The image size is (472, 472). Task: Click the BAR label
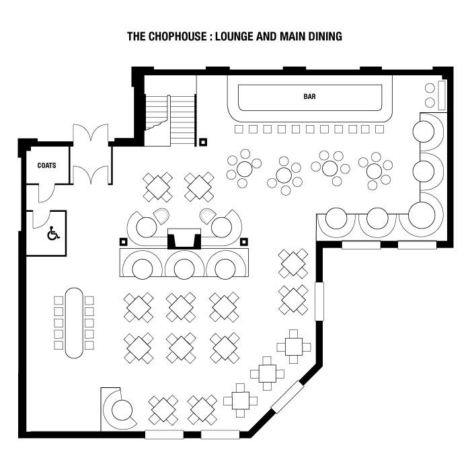point(309,97)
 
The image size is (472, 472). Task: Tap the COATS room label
point(46,165)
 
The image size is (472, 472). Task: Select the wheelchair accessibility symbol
point(53,233)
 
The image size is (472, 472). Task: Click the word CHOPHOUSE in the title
point(178,36)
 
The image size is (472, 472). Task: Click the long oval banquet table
point(74,323)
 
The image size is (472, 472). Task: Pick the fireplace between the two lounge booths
point(184,239)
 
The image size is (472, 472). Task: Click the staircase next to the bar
point(170,120)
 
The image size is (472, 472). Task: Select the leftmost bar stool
point(239,130)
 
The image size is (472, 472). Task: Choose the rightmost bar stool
point(380,130)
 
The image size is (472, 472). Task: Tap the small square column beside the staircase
point(204,142)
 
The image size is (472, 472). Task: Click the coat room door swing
point(46,193)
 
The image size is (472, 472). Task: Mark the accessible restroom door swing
point(41,220)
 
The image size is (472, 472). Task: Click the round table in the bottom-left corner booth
point(122,409)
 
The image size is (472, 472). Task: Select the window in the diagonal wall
point(287,397)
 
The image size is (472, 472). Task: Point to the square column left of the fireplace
point(124,242)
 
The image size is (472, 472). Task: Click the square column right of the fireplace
point(244,242)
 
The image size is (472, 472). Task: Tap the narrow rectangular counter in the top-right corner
point(442,95)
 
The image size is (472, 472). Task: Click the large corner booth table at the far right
point(422,215)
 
